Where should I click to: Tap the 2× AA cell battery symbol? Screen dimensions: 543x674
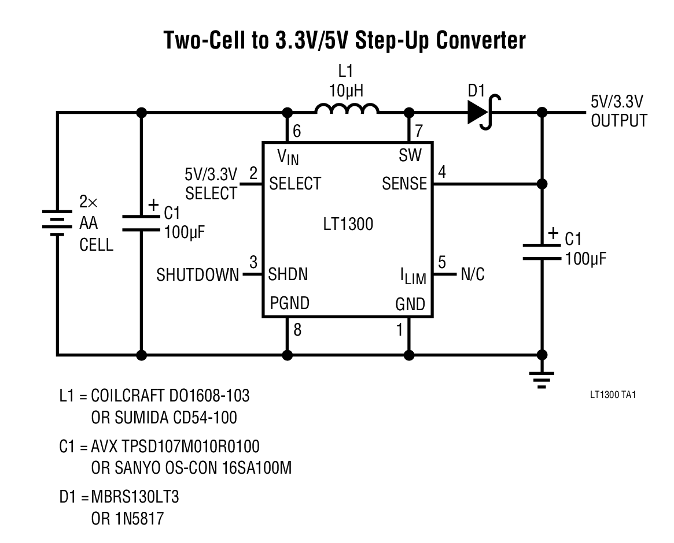pos(56,222)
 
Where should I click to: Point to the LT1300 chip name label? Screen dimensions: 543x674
pos(348,225)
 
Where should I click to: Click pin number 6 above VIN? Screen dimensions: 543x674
pos(297,131)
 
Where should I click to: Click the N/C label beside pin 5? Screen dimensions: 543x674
pos(472,275)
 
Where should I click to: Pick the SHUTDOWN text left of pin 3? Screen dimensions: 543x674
pos(197,275)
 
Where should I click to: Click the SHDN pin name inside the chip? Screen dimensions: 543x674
pos(288,274)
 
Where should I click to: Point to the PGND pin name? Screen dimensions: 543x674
pos(289,303)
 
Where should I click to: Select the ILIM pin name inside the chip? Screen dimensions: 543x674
pos(413,276)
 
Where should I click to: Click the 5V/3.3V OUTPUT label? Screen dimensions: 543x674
pos(618,111)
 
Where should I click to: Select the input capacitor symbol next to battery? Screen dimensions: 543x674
pos(141,223)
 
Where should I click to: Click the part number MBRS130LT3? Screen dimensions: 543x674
pos(139,496)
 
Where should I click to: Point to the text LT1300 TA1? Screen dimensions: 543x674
pos(613,395)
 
